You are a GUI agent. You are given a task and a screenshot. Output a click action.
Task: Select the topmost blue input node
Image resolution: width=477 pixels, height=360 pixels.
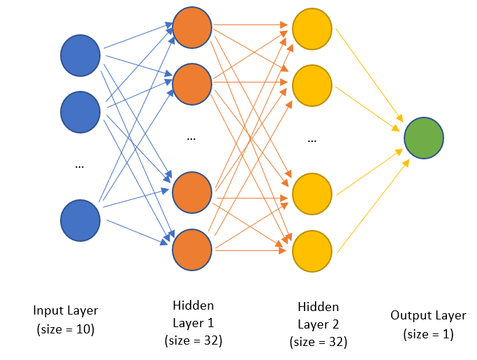[x=80, y=55]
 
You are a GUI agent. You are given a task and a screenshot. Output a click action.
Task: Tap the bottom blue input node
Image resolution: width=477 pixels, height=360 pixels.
[x=80, y=219]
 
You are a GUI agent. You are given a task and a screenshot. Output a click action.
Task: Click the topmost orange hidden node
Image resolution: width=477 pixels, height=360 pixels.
[x=191, y=28]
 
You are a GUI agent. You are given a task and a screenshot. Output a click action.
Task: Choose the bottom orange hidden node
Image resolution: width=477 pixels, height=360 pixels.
[x=191, y=249]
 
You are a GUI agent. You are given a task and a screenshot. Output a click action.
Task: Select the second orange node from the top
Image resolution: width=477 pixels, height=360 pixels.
[x=191, y=83]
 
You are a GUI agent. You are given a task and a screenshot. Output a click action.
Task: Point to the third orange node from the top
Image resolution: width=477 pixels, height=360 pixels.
[x=191, y=192]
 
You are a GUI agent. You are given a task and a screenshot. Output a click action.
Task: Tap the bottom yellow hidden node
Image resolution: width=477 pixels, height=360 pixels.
[x=311, y=250]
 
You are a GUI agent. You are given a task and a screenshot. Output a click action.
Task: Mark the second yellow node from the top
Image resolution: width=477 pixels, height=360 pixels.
[x=311, y=85]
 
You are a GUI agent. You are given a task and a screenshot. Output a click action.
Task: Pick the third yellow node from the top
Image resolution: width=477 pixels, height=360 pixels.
[x=311, y=194]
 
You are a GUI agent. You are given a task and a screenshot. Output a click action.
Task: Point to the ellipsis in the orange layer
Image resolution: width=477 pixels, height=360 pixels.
[x=191, y=138]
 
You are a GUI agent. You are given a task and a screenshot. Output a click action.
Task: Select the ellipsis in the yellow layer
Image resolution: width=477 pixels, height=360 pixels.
[x=311, y=140]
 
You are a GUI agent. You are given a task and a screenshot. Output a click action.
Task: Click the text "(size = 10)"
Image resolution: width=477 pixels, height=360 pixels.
[x=66, y=328]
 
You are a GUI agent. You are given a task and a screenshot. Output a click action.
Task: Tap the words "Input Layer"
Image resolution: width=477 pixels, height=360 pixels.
[x=66, y=310]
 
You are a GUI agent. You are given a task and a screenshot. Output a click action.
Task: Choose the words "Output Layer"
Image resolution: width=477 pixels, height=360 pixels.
[x=428, y=316]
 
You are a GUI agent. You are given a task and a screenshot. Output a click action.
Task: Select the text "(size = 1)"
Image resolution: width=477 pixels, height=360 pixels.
[x=428, y=334]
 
